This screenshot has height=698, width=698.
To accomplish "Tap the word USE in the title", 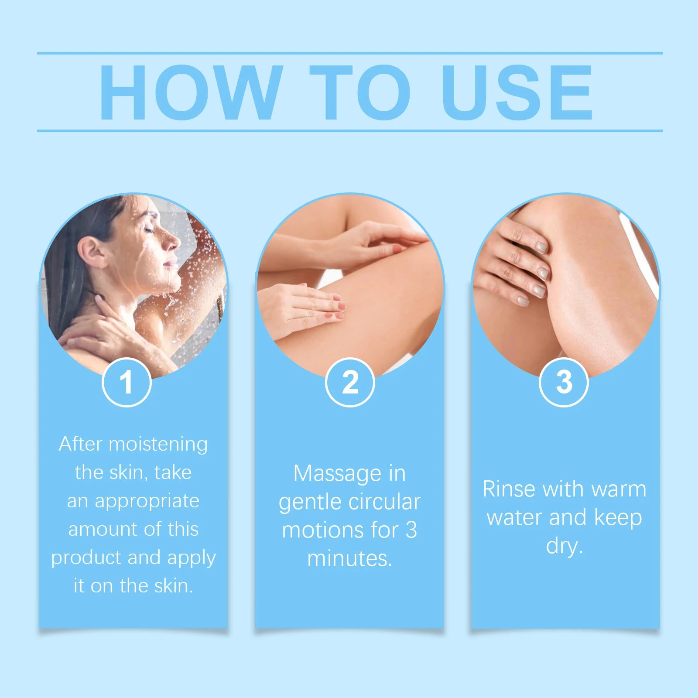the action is [x=517, y=92].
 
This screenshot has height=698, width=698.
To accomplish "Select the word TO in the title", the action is [x=360, y=92].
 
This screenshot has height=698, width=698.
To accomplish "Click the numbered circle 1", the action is [x=127, y=382].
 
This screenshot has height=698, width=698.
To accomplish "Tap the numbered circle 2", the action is [x=350, y=382].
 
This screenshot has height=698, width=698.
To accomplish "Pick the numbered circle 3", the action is [x=564, y=382].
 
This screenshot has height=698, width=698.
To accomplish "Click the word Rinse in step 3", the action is [x=509, y=489].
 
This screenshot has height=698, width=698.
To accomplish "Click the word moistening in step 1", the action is [x=158, y=445].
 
